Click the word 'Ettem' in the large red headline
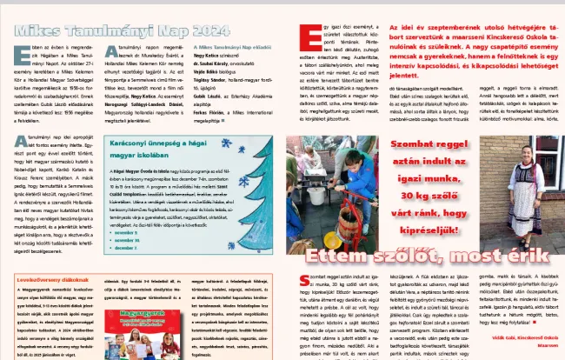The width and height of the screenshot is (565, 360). [x=345, y=257]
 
